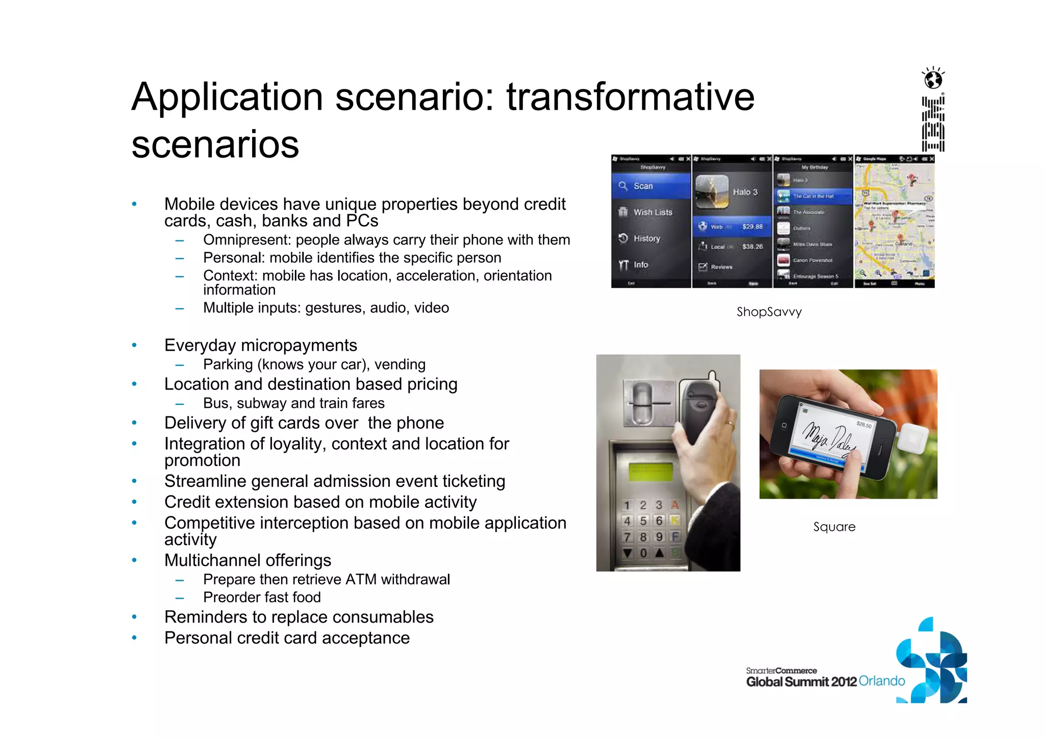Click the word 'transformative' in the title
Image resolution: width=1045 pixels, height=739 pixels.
point(630,97)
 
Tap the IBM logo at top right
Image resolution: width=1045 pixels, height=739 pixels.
point(933,124)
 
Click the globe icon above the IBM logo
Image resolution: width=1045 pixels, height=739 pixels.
point(933,79)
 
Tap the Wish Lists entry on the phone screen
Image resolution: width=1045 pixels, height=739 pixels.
point(652,212)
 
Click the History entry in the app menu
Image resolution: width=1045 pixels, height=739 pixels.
point(646,238)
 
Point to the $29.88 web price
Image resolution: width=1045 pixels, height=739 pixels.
point(752,226)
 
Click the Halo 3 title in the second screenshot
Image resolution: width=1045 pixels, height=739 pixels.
point(745,192)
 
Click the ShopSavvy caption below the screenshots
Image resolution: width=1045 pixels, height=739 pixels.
point(769,312)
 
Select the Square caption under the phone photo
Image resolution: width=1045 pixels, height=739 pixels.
point(834,527)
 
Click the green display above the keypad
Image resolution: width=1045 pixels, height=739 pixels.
point(651,472)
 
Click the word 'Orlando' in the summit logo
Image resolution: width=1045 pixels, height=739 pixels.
point(882,681)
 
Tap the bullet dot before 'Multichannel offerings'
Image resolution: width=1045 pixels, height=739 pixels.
point(134,560)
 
